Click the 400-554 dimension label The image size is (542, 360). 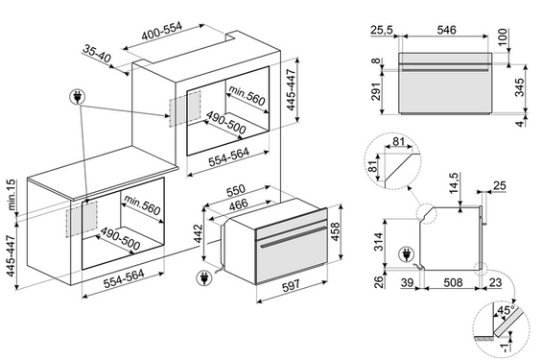tap(162, 31)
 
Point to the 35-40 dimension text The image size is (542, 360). tap(97, 54)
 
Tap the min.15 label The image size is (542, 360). tap(12, 195)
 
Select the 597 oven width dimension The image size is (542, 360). tap(291, 286)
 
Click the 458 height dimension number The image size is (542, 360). tap(336, 231)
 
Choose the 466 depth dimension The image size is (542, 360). tap(239, 204)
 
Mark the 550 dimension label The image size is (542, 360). tap(235, 190)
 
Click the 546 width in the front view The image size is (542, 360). tap(447, 30)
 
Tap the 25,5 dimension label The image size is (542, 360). tap(382, 30)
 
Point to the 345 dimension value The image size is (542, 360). tap(519, 87)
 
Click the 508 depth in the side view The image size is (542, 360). tap(453, 282)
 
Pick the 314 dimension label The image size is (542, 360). tap(379, 242)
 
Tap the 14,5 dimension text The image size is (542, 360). tap(454, 182)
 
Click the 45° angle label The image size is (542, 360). tap(506, 310)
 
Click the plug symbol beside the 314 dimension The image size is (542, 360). tap(407, 254)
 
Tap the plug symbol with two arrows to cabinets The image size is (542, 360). tap(78, 97)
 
